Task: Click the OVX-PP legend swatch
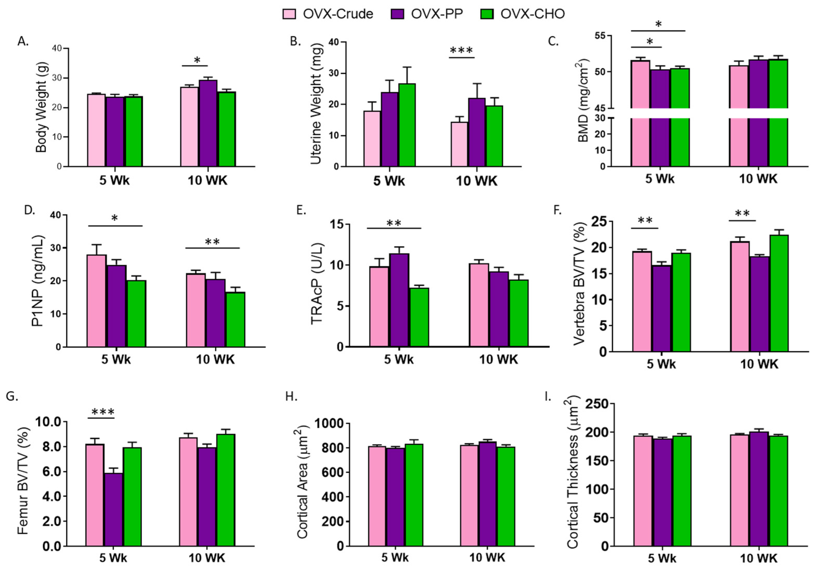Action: (397, 14)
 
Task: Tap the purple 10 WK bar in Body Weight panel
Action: (208, 123)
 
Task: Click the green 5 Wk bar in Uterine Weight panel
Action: (407, 125)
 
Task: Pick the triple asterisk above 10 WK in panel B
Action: (461, 51)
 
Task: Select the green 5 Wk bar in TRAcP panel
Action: (419, 317)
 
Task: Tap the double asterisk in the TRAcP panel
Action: (394, 224)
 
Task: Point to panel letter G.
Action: (12, 396)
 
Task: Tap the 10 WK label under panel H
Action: (487, 558)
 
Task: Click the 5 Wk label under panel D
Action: (116, 359)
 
